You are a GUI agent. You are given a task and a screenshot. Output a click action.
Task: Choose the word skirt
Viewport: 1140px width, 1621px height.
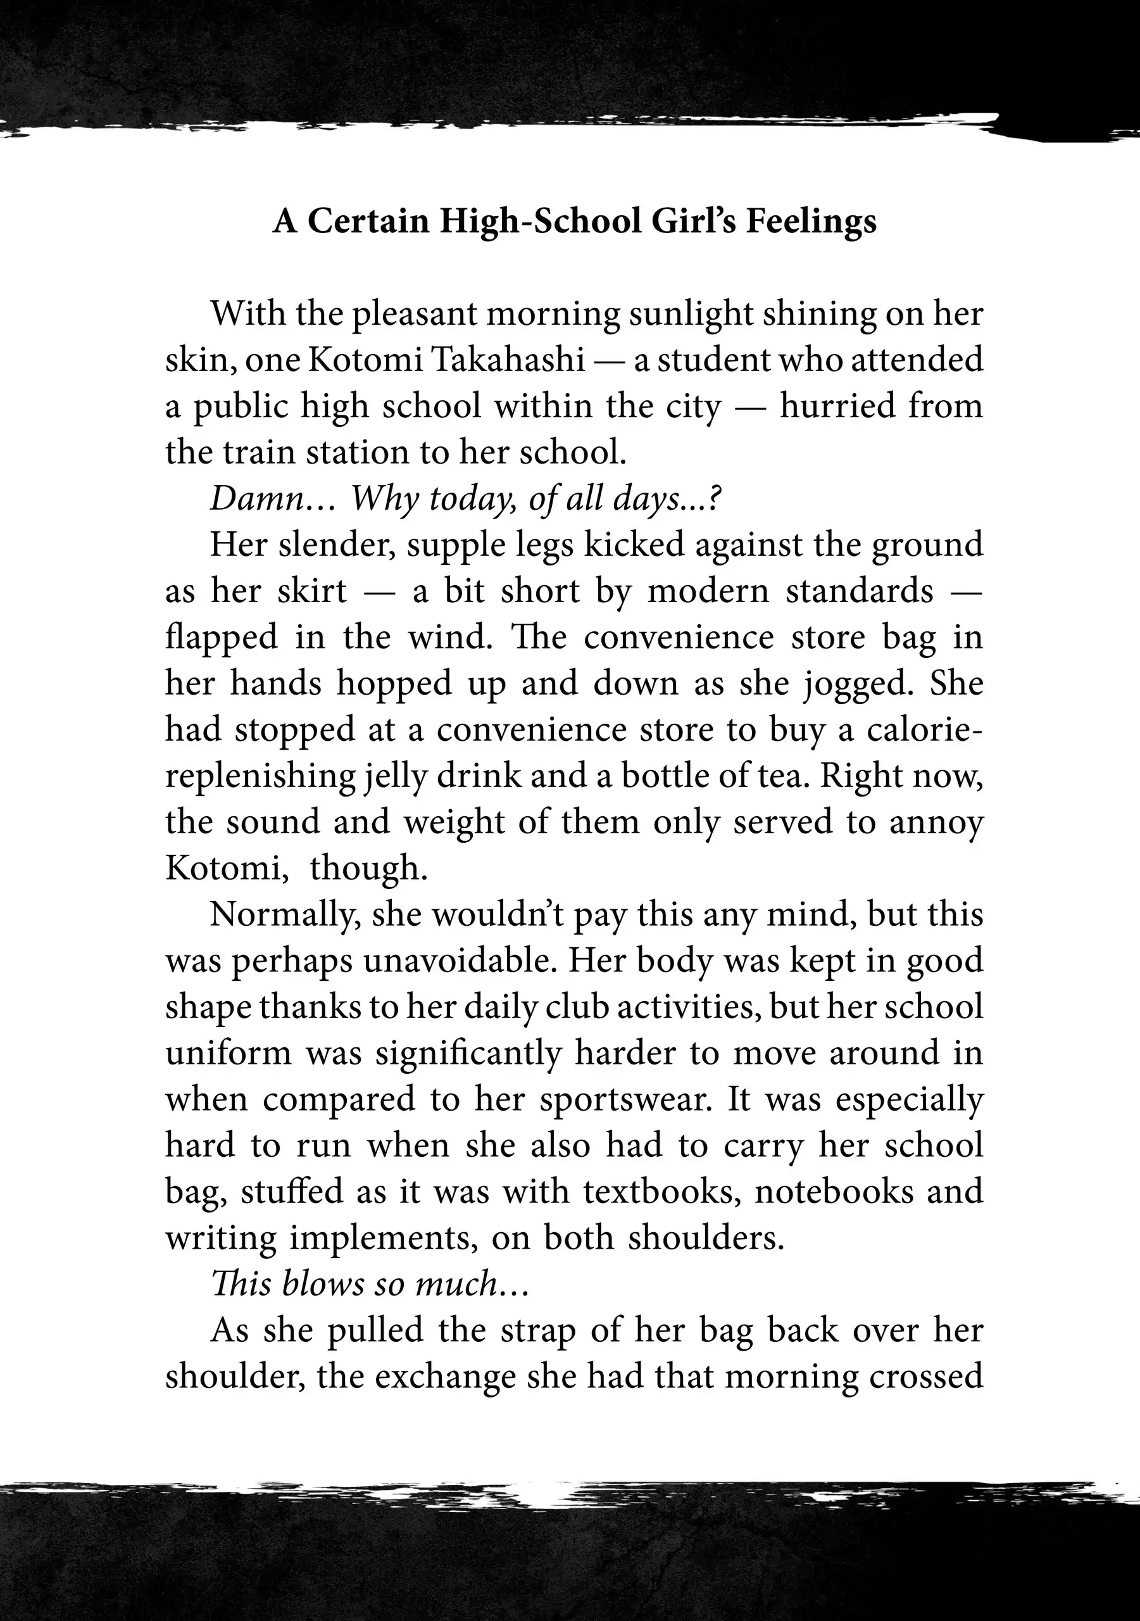(312, 591)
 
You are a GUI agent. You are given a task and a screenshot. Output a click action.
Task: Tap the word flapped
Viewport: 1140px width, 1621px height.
(222, 638)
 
